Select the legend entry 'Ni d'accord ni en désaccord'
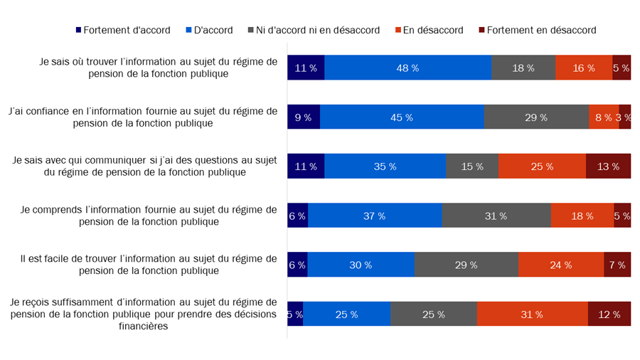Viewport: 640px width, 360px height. [313, 30]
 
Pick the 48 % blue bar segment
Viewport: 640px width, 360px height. [407, 68]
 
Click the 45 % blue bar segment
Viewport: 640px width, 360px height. [402, 117]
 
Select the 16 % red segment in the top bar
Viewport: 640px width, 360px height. [583, 68]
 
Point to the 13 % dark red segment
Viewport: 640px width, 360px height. [608, 166]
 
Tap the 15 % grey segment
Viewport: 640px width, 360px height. [472, 166]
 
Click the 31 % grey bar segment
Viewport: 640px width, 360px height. [496, 216]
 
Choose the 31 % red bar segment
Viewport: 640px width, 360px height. [532, 314]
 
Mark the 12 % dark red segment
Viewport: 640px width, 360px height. [609, 314]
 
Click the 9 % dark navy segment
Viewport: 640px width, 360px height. [303, 117]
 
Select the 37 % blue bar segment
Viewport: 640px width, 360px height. [375, 216]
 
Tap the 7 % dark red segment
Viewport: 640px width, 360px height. [617, 265]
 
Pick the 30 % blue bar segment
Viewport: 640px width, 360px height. [361, 265]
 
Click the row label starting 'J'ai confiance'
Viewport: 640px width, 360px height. [143, 117]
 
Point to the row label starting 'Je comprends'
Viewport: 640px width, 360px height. [149, 215]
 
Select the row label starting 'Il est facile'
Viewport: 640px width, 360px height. [149, 264]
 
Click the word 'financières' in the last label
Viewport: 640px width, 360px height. [143, 327]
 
